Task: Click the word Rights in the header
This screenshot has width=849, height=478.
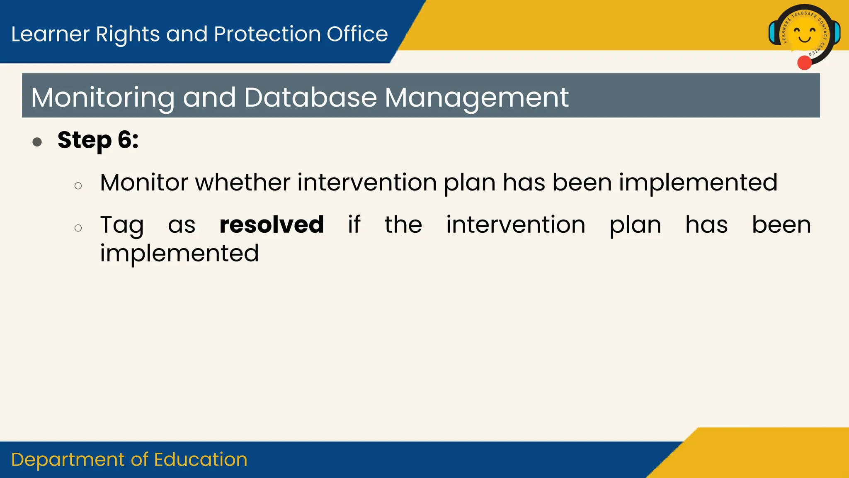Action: point(128,34)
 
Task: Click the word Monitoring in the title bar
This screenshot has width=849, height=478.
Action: point(102,98)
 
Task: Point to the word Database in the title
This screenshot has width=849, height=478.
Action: point(310,98)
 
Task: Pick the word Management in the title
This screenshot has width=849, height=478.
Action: point(476,98)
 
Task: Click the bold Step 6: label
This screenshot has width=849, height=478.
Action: point(98,140)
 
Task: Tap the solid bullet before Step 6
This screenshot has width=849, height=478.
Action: point(37,142)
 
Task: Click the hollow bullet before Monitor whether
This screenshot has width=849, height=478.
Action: point(78,185)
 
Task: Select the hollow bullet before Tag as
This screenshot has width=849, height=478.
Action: point(78,228)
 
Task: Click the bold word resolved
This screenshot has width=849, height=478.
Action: point(272,225)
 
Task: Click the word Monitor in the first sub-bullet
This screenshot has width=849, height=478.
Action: point(143,183)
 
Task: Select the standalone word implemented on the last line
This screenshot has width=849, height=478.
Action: point(179,254)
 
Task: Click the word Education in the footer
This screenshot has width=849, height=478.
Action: point(201,460)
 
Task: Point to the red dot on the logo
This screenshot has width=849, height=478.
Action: point(804,63)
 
